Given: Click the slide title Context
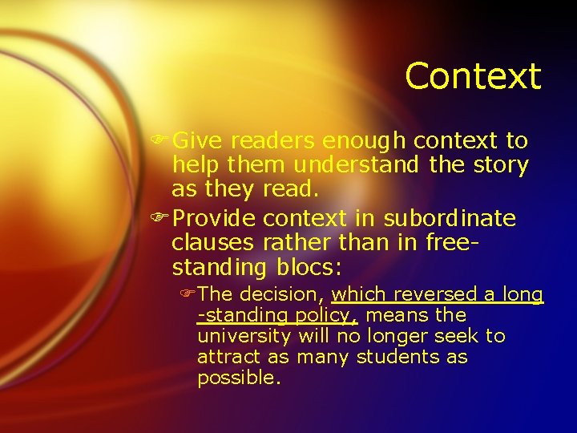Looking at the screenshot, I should (473, 77).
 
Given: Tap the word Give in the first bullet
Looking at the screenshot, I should (198, 141).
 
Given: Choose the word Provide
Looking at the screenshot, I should (214, 218).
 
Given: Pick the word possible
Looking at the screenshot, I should (239, 378).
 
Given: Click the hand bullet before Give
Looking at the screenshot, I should (161, 141).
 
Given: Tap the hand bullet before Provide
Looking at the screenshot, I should (161, 218).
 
